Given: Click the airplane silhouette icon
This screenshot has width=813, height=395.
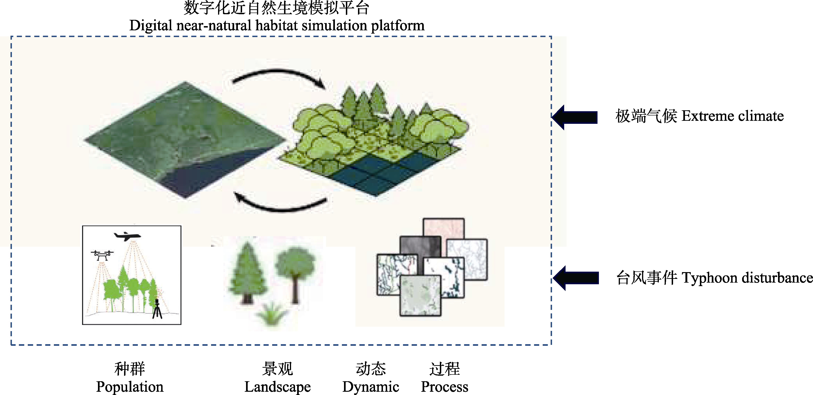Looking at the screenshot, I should coord(127,236).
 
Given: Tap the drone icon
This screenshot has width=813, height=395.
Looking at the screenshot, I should coord(102,255).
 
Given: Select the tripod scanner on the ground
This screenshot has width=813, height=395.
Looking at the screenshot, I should coord(157,309).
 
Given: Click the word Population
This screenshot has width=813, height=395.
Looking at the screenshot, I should coord(130,386).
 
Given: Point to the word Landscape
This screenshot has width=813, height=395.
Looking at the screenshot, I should coord(278,386).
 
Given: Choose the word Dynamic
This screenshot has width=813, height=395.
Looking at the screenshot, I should coord(371,386).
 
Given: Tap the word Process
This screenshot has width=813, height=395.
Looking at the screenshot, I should coord(444,386).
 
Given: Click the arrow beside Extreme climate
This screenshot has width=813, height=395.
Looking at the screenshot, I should coord(575,117).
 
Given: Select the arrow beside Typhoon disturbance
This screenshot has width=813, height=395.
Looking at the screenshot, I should coord(576,278).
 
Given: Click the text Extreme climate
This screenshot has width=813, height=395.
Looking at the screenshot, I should coord(732,116).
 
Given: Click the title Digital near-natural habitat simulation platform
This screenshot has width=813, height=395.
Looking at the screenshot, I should coord(277,25).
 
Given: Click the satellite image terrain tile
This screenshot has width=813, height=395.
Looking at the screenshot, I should coord(185,139).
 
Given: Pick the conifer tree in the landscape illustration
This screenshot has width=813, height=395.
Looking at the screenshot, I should coord(247,274).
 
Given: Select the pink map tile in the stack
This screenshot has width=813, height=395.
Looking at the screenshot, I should coord(443,227).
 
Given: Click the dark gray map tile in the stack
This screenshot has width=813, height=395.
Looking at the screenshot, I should coord(420,246).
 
